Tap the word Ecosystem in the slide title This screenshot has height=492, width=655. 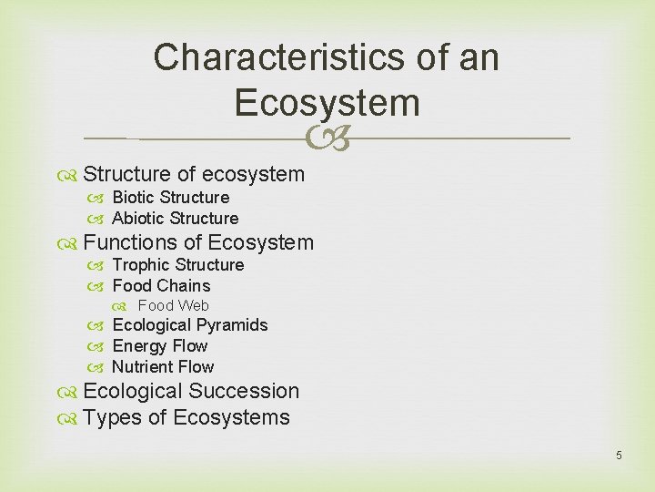point(327,102)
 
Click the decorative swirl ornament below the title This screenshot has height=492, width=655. point(327,138)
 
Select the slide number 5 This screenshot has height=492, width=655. point(619,455)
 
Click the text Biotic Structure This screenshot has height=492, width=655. point(170,198)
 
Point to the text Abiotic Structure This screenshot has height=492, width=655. point(175,219)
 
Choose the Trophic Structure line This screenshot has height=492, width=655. point(177,265)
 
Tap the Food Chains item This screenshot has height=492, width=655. point(160,286)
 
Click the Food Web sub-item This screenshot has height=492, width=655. point(173,306)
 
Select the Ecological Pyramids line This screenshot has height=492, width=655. point(189,325)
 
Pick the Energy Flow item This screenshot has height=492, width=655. point(159,346)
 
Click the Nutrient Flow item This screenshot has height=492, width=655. point(163,367)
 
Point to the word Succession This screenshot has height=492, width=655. point(243,391)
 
